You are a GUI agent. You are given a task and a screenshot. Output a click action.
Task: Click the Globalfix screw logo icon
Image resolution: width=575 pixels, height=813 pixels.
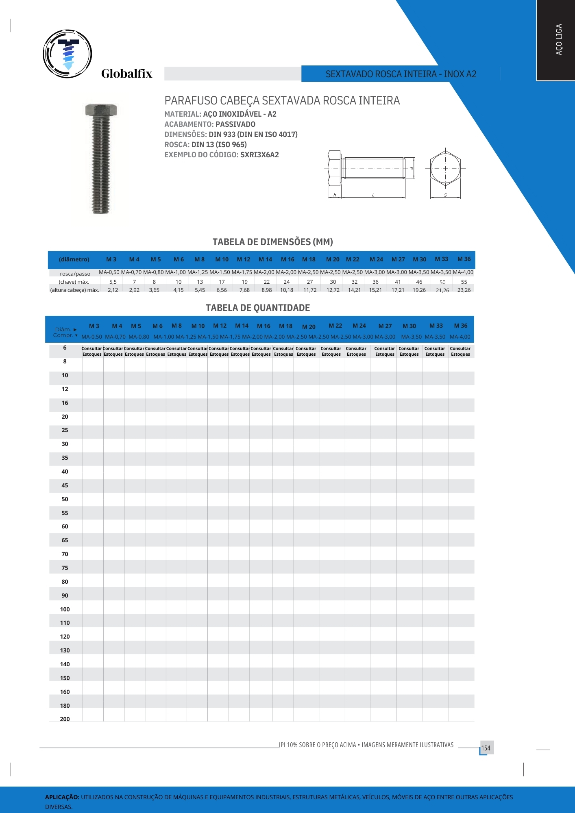[x=68, y=54]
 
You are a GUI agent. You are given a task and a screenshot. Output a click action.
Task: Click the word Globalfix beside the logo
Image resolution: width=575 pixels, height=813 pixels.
[x=126, y=74]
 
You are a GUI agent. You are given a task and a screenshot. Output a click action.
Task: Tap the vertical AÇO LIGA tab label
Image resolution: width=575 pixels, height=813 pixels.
[x=559, y=39]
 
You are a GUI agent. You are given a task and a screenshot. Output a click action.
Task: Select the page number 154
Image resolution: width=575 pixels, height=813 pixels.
[x=486, y=748]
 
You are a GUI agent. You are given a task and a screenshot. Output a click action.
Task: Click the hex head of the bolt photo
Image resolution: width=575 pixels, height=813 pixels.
[x=101, y=110]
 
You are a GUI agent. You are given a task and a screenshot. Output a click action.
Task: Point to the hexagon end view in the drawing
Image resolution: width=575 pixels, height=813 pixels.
[x=445, y=168]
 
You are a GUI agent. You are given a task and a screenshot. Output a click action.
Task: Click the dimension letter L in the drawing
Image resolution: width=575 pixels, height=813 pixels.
[x=373, y=196]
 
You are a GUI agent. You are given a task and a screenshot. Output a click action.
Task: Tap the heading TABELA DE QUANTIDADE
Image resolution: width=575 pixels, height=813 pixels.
[x=258, y=308]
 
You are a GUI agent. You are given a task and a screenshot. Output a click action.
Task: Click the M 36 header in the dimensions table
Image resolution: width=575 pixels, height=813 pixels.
[x=464, y=259]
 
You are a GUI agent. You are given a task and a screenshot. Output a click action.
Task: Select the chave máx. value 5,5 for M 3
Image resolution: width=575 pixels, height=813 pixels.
[x=113, y=282]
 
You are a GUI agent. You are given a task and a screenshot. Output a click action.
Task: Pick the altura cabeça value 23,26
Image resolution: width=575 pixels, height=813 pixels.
[x=464, y=290]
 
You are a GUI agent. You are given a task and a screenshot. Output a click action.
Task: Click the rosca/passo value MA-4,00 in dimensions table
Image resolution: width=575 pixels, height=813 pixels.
[x=463, y=272]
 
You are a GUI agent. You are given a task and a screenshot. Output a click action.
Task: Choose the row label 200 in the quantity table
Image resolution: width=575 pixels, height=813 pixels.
[x=65, y=719]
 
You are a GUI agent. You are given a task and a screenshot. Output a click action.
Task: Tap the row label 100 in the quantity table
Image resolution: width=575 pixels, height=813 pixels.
[x=65, y=609]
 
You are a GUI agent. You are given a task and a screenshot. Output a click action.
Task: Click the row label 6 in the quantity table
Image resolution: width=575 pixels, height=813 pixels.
[x=65, y=348]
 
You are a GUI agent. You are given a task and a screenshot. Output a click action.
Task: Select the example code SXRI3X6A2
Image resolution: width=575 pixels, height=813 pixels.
[x=259, y=155]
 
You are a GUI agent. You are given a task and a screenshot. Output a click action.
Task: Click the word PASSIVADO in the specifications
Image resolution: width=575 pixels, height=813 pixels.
[x=235, y=124]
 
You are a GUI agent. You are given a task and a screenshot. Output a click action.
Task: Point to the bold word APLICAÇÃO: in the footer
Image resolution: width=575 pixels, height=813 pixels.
[x=62, y=797]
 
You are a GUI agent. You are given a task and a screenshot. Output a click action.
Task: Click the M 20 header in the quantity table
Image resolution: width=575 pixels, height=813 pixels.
[x=309, y=327]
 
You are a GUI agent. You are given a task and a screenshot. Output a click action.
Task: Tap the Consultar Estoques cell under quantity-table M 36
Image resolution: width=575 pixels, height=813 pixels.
[x=460, y=352]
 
